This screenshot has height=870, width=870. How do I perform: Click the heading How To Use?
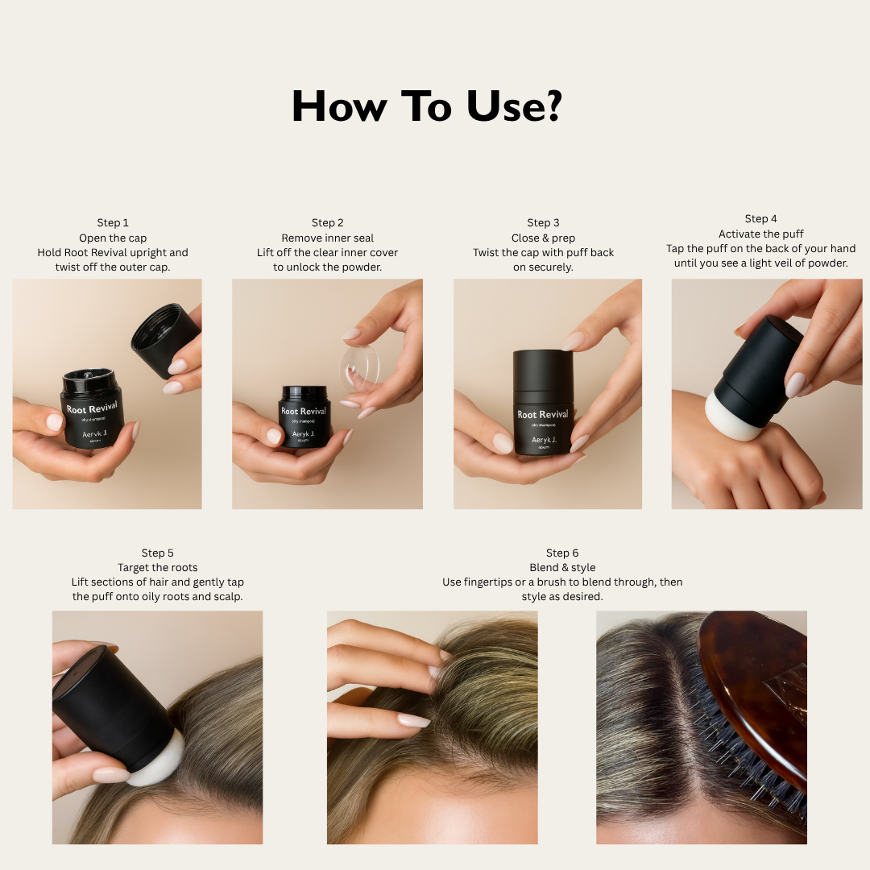click(427, 106)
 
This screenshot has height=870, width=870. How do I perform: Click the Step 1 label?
click(113, 222)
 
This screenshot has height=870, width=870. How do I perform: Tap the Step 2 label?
click(327, 222)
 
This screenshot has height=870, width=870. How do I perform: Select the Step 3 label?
click(543, 222)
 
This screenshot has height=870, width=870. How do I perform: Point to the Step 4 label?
click(760, 218)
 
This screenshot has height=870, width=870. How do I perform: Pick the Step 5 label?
click(158, 553)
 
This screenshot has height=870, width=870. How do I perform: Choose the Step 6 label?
click(562, 553)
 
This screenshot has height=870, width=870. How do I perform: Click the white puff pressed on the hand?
click(730, 417)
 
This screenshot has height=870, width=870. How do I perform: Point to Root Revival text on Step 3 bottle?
click(543, 415)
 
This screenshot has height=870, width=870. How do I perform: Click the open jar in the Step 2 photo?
click(304, 416)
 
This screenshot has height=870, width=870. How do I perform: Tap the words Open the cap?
click(113, 238)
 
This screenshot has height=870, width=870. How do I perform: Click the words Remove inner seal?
click(327, 238)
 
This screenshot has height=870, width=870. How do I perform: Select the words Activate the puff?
click(760, 234)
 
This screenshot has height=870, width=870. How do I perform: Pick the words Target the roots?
click(158, 568)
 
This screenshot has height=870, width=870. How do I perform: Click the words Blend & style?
click(562, 568)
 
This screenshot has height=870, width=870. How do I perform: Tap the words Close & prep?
click(543, 238)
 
